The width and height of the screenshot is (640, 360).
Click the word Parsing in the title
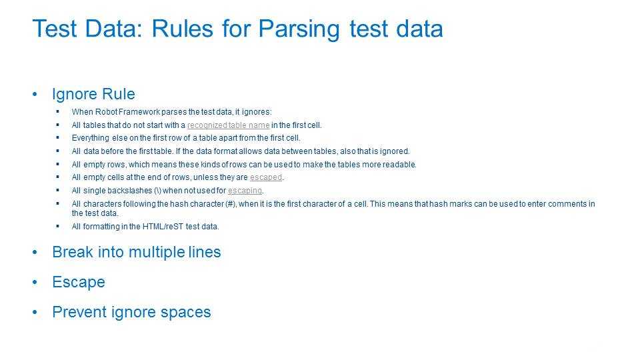[x=299, y=29]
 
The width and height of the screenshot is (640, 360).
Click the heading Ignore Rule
[x=93, y=94]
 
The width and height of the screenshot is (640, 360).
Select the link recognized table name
[x=228, y=125]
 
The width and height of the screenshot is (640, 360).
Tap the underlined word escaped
[x=266, y=177]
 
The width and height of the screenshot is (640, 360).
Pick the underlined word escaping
[x=245, y=191]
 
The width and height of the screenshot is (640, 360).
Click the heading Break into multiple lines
[x=136, y=252]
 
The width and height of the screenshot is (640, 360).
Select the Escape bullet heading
[x=79, y=282]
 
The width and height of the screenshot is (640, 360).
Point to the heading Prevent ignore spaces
[x=131, y=312]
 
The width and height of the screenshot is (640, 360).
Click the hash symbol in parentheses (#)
[x=231, y=204]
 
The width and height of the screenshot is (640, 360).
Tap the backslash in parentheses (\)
[x=157, y=191]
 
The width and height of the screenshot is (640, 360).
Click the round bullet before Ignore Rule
[x=35, y=95]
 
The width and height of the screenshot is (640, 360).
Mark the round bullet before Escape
[x=35, y=283]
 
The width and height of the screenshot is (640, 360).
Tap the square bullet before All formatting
[x=57, y=226]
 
